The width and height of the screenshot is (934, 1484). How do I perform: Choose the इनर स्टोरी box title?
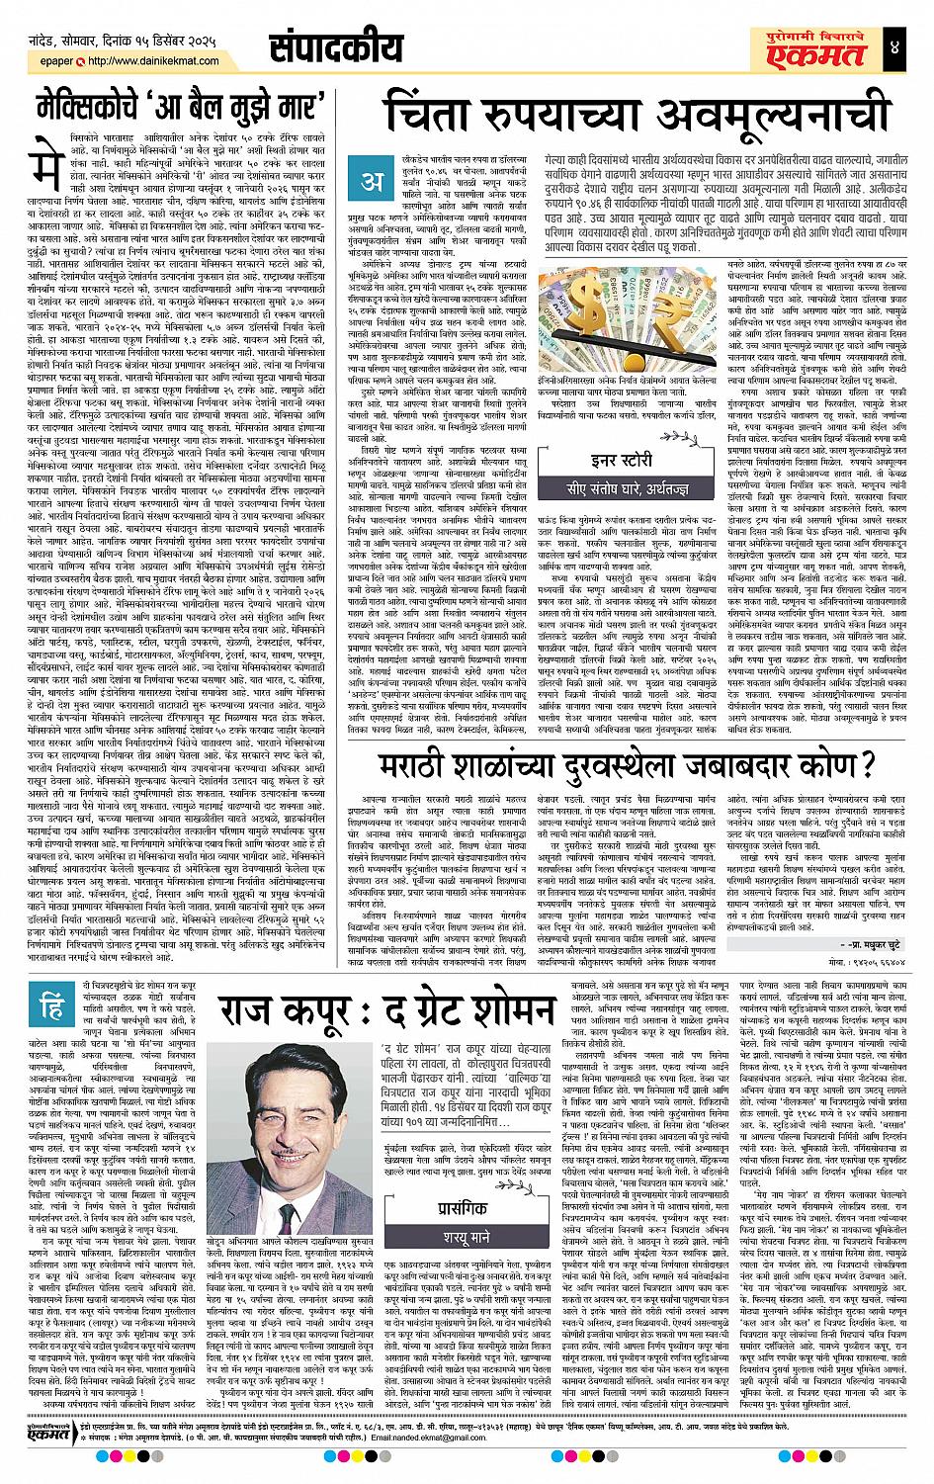coord(606,458)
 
